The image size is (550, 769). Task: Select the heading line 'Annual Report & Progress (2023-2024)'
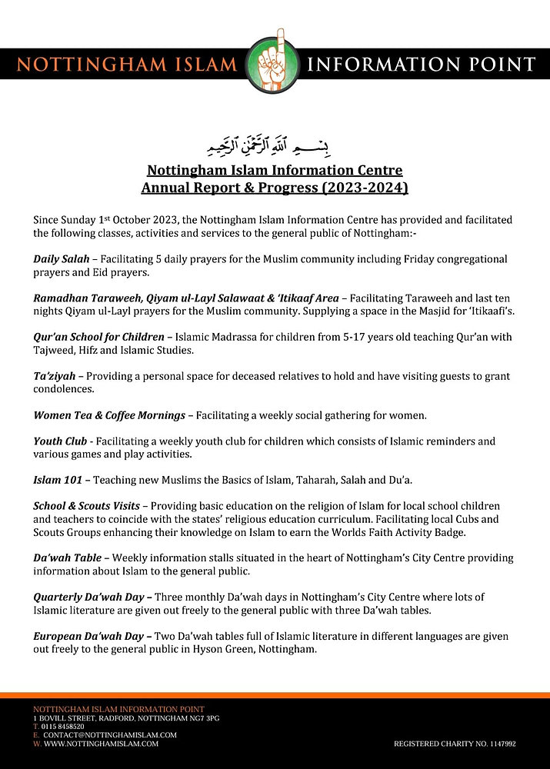275,187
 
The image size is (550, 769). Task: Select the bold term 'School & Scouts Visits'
86,506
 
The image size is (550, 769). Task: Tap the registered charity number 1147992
454,744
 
